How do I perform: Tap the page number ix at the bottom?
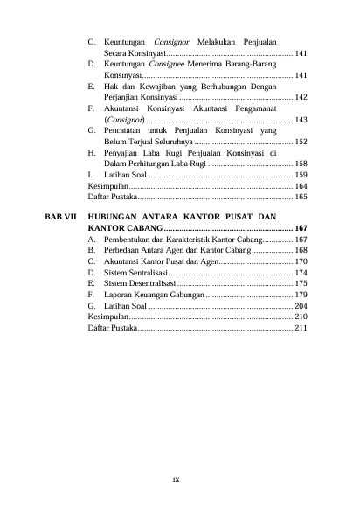[x=176, y=479]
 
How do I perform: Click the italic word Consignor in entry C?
[x=172, y=42]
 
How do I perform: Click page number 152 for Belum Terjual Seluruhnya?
[x=300, y=141]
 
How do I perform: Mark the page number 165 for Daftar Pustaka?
[x=300, y=198]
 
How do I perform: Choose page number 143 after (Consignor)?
[x=300, y=119]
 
